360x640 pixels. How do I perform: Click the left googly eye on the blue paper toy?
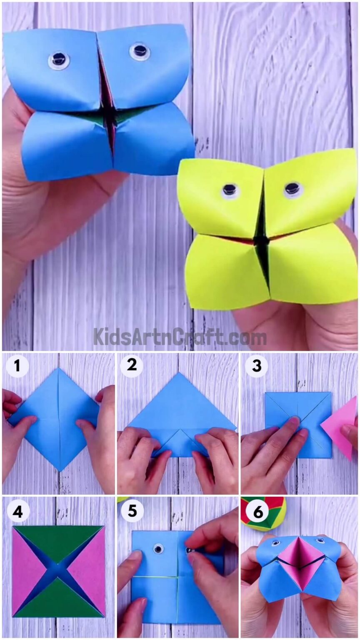58,60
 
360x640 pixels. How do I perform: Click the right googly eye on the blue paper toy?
140,51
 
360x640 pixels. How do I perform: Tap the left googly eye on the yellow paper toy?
229,190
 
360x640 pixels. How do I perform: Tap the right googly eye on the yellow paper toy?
292,189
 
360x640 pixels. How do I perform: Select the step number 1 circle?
17,366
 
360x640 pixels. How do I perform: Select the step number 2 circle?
132,365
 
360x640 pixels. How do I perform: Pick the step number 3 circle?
256,365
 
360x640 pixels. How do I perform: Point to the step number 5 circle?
132,510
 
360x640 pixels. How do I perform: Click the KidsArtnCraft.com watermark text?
180,337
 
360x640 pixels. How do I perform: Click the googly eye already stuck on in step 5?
158,549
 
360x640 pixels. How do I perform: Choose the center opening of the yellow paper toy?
262,241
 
